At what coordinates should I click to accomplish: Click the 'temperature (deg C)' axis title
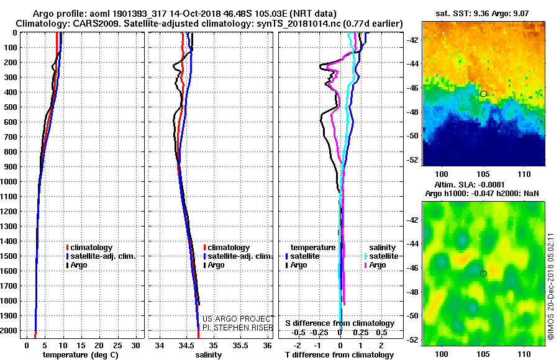[81, 355]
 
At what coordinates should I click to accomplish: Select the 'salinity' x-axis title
[209, 355]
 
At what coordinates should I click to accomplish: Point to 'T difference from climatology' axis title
[339, 355]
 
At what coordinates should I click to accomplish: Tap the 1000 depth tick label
[9, 182]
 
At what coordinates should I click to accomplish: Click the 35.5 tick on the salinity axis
[240, 346]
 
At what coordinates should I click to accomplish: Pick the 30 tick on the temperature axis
[135, 346]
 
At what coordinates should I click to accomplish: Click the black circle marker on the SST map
[483, 94]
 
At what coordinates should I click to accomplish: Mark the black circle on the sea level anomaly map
[483, 274]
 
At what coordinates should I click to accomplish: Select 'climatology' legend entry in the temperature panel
[91, 248]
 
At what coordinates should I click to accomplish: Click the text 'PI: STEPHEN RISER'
[238, 328]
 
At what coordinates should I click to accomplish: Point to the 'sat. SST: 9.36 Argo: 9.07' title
[482, 14]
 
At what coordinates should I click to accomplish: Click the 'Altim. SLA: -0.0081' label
[470, 184]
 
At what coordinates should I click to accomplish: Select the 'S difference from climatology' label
[340, 323]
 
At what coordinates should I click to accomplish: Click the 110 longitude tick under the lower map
[524, 354]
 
